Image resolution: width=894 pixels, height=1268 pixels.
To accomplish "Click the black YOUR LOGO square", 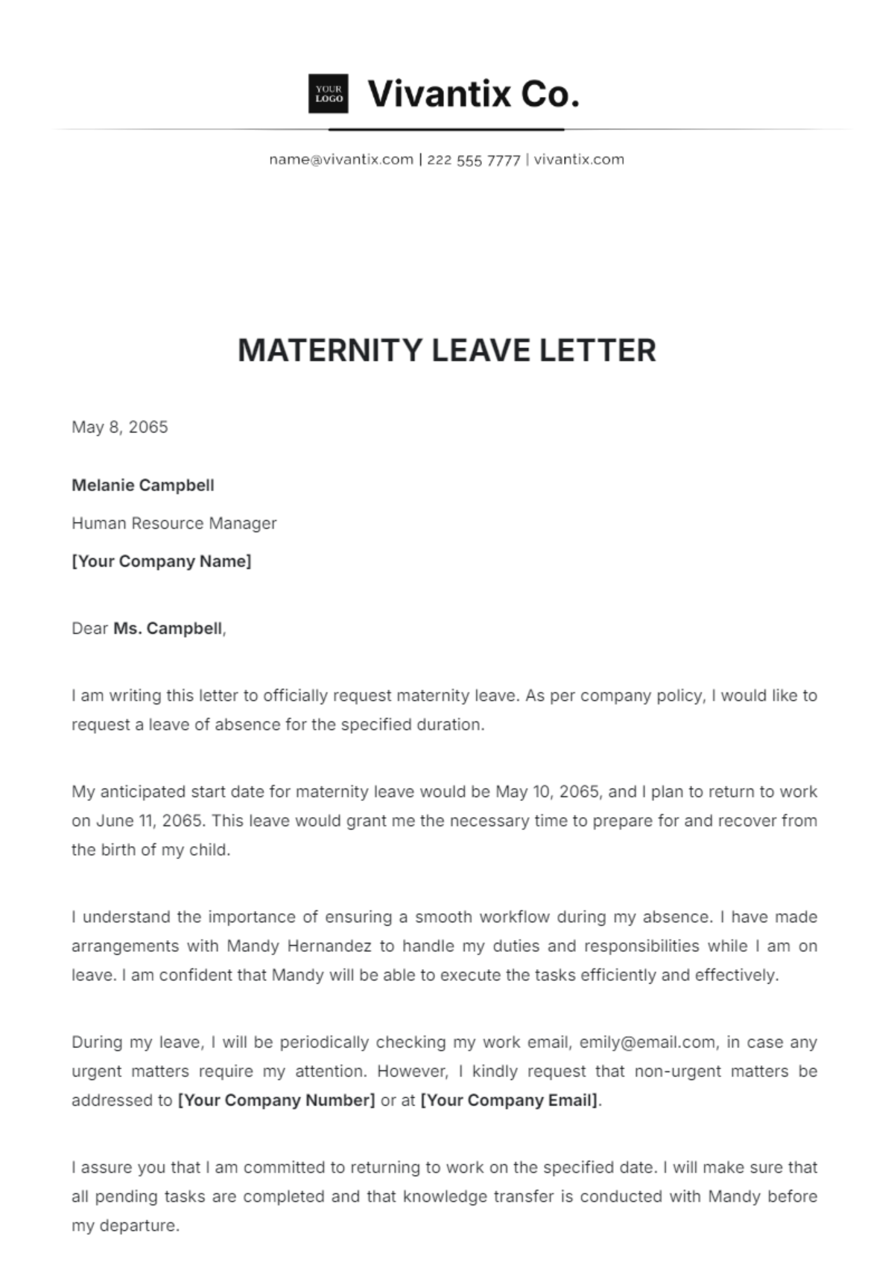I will pos(329,94).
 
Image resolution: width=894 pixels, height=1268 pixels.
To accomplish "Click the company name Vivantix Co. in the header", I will pos(474,94).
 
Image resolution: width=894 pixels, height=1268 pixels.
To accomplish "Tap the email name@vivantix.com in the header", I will pos(341,160).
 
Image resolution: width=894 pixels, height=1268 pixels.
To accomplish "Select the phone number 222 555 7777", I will pos(473,160).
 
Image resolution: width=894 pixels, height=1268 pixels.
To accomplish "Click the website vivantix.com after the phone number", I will pos(579,160).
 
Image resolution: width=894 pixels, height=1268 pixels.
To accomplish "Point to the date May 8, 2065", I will pos(119,427).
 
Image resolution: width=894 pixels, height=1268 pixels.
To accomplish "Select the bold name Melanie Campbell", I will pos(143,485).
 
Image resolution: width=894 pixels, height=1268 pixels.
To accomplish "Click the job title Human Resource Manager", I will pos(174,523).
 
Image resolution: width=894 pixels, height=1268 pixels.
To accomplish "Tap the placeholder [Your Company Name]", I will pos(162,561).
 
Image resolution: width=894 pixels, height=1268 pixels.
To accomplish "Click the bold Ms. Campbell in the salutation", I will pos(168,628).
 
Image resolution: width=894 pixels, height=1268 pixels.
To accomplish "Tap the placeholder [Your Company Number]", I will pos(276,1100).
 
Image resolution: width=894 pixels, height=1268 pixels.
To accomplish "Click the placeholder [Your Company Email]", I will pos(510,1100).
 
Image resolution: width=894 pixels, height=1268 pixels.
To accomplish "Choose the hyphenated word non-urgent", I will pos(671,1071).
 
